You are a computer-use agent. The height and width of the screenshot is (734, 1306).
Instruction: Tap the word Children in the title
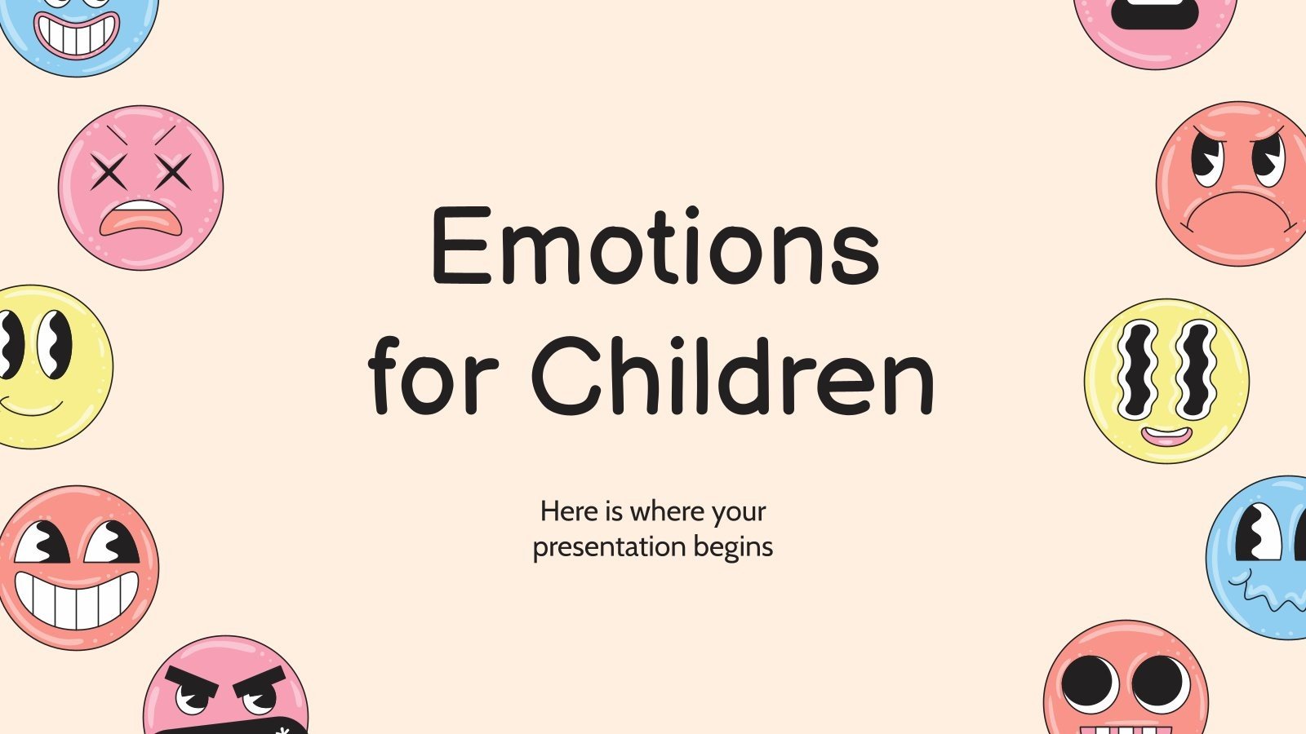coord(732,377)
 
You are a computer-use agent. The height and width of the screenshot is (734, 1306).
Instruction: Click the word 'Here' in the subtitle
coord(569,511)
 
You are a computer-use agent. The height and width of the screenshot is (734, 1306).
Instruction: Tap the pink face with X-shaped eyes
coord(140,188)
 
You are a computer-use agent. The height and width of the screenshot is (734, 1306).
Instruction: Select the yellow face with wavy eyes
coord(1166,381)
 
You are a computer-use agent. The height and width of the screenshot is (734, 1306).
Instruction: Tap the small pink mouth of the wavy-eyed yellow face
coord(1166,436)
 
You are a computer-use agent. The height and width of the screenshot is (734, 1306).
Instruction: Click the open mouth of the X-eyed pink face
coord(140,218)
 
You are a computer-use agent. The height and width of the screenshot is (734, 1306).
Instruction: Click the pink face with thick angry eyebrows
coord(226,689)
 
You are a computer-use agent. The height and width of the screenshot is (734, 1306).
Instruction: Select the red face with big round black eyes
coord(1126,681)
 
